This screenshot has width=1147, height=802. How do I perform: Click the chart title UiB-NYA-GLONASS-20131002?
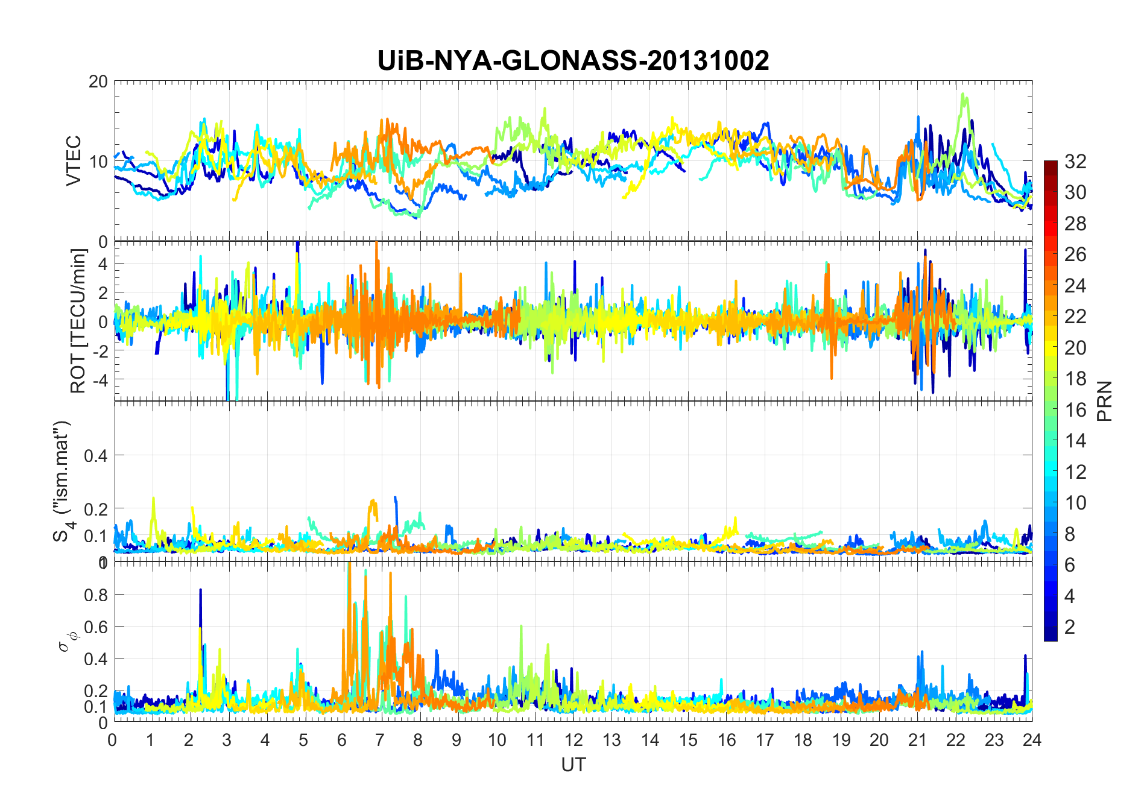coord(573,61)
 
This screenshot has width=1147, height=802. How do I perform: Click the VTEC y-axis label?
coord(74,161)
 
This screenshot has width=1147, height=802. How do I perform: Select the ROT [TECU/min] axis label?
coord(78,321)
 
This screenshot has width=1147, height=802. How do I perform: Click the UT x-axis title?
coord(573,765)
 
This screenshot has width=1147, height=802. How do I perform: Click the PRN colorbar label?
coord(1105,401)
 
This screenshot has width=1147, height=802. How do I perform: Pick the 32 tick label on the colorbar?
coord(1075,161)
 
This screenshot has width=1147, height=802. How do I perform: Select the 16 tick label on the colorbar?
coord(1075,410)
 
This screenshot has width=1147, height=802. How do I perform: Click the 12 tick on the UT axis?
coord(573,739)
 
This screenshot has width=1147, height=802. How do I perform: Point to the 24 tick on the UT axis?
coord(1032,739)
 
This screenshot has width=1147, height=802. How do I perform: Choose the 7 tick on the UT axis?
coord(380,739)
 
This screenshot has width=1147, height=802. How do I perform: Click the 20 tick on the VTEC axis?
coord(98,82)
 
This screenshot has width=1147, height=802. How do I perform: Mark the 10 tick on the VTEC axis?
coord(98,162)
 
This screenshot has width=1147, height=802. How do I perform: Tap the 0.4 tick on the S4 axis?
coord(96,455)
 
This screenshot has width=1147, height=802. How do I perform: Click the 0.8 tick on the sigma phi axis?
coord(96,595)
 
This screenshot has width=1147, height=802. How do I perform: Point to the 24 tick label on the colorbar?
coord(1075,286)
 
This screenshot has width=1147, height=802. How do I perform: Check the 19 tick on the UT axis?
coord(841,739)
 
